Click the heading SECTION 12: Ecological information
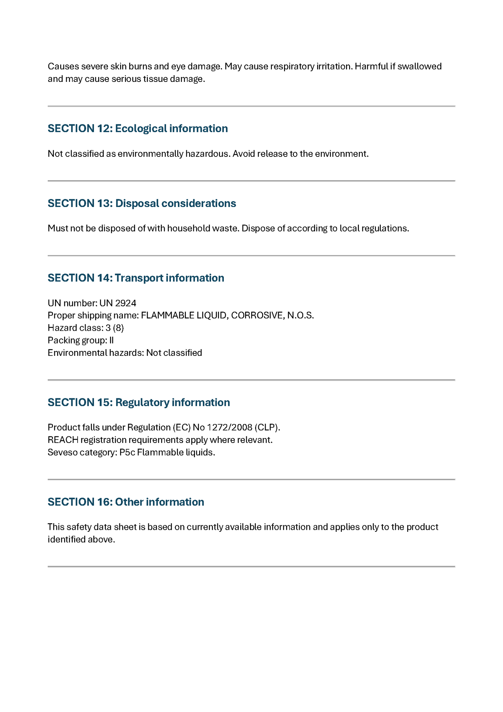coord(137,129)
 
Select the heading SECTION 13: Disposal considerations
coord(142,203)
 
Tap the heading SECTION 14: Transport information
coord(136,278)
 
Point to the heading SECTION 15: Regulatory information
coord(139,402)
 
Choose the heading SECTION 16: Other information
coord(126,502)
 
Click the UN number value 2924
coord(126,303)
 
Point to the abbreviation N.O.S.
coord(300,315)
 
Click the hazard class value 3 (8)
coord(115,328)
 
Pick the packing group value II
coord(111,340)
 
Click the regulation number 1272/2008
coord(230,427)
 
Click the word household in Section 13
coord(186,228)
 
